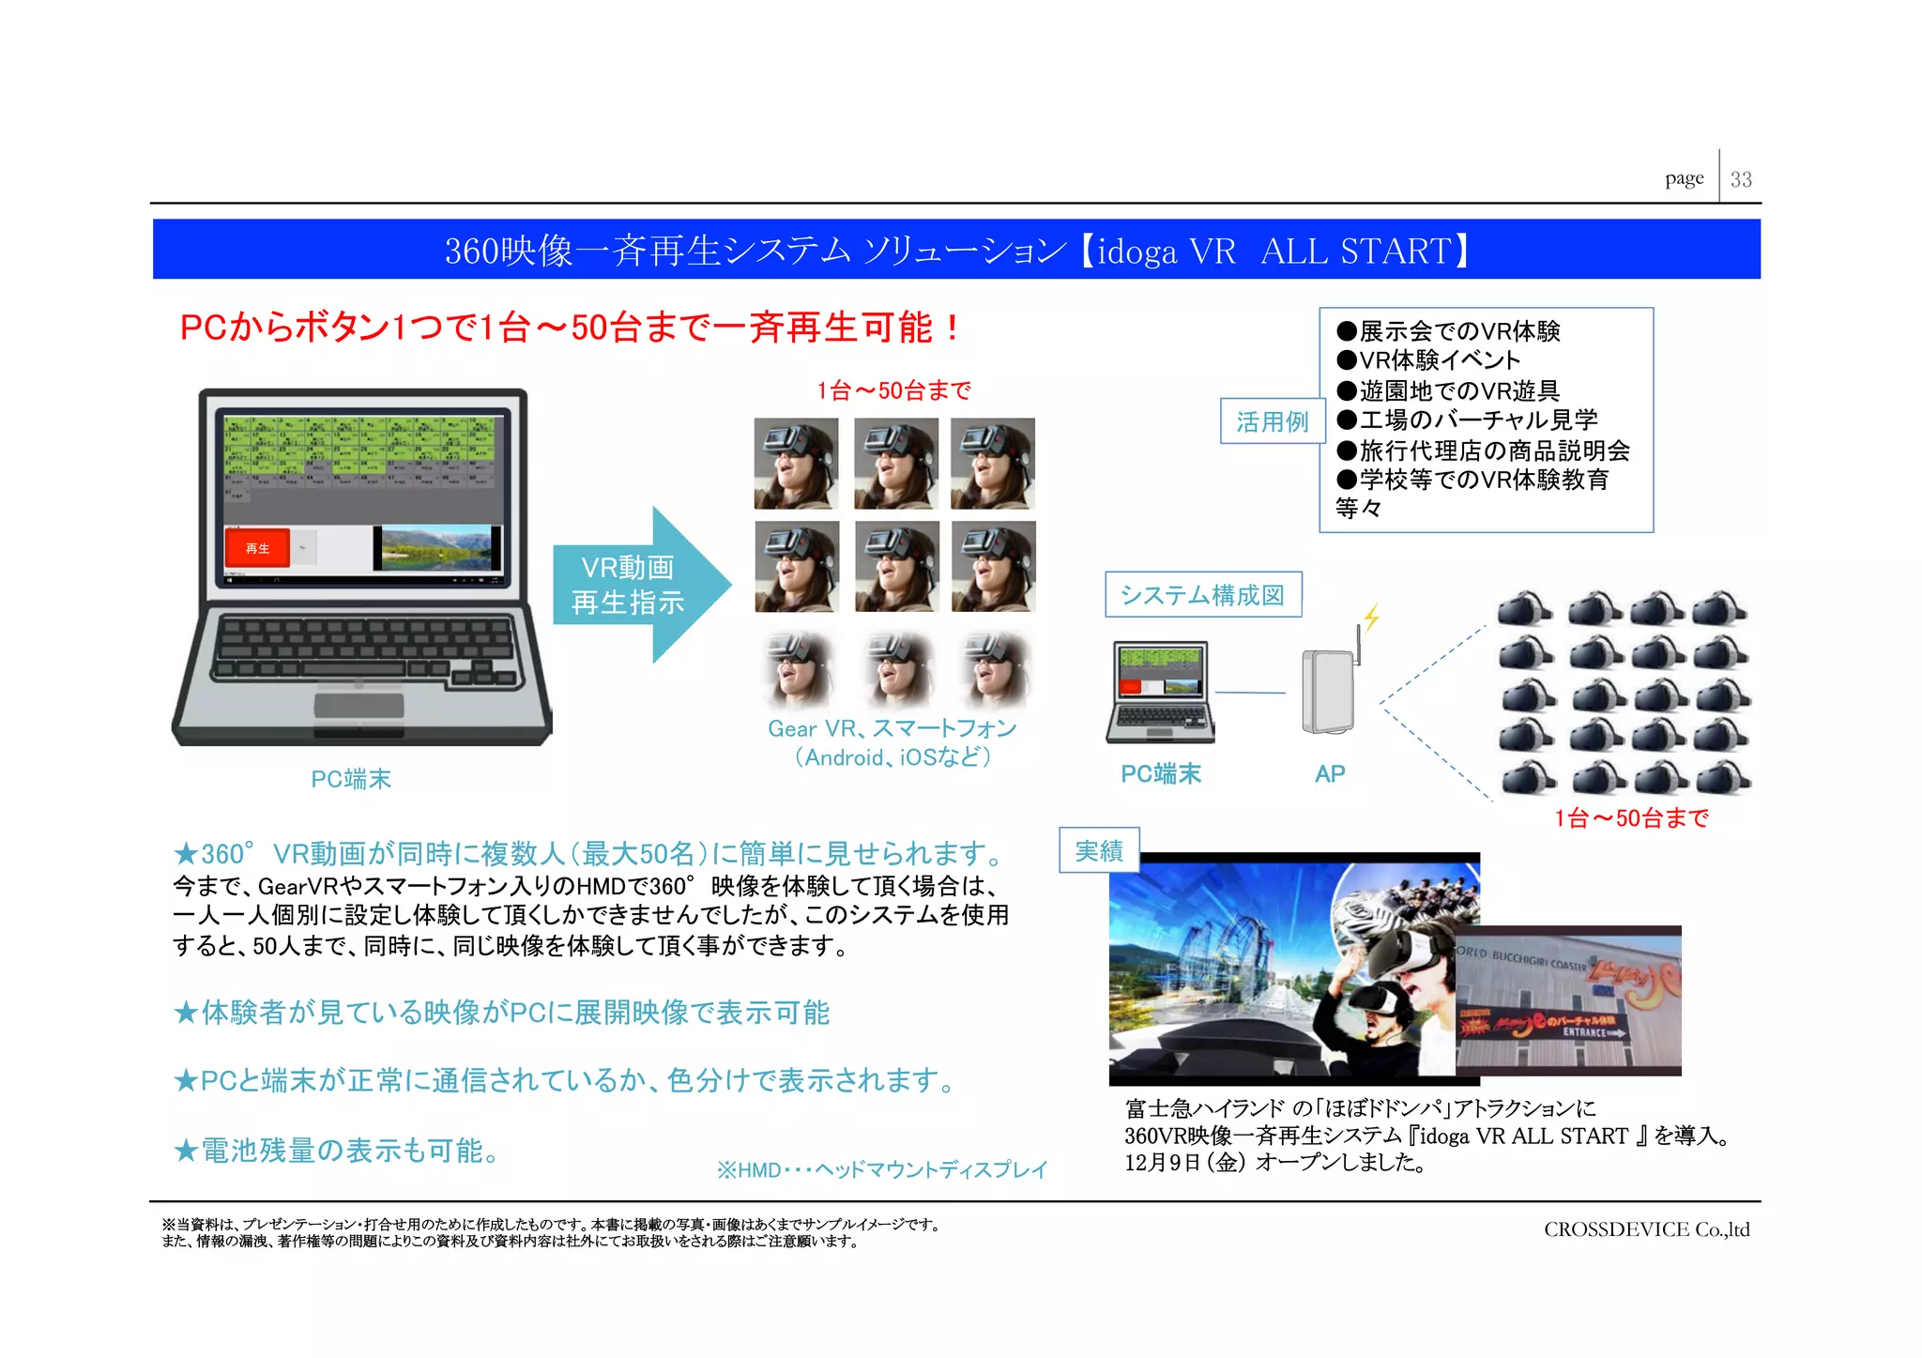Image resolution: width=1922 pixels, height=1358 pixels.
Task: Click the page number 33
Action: [x=1741, y=179]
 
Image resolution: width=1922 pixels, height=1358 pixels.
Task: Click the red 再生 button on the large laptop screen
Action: [x=257, y=548]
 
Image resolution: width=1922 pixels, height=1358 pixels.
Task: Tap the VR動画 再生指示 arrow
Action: [x=638, y=585]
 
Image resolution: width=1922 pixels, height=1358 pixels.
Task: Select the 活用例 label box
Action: [x=1272, y=421]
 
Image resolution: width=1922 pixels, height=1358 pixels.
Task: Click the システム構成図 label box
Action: [x=1202, y=595]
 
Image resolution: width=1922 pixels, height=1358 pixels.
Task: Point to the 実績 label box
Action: [x=1098, y=850]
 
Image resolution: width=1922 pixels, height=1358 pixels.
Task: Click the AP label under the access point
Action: [x=1329, y=774]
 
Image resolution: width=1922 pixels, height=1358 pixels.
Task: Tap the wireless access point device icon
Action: [x=1328, y=691]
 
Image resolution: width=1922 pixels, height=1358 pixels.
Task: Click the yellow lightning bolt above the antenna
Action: [x=1372, y=617]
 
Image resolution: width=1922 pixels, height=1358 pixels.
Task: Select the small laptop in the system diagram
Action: [x=1162, y=691]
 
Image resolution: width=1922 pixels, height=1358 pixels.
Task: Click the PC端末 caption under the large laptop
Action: [x=351, y=779]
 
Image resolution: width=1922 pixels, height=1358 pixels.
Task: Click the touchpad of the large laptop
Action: [x=358, y=705]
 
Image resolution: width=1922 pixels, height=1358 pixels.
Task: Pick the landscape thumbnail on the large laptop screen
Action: [x=436, y=547]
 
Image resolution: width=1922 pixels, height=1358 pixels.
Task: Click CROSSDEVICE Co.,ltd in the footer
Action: [x=1646, y=1229]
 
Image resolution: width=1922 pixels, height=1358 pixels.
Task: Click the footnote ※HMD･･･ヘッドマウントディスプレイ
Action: [x=882, y=1170]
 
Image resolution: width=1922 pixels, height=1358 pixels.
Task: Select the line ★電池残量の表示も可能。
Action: [x=338, y=1151]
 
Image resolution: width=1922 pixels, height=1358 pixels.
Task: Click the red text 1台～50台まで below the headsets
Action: [x=1631, y=818]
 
